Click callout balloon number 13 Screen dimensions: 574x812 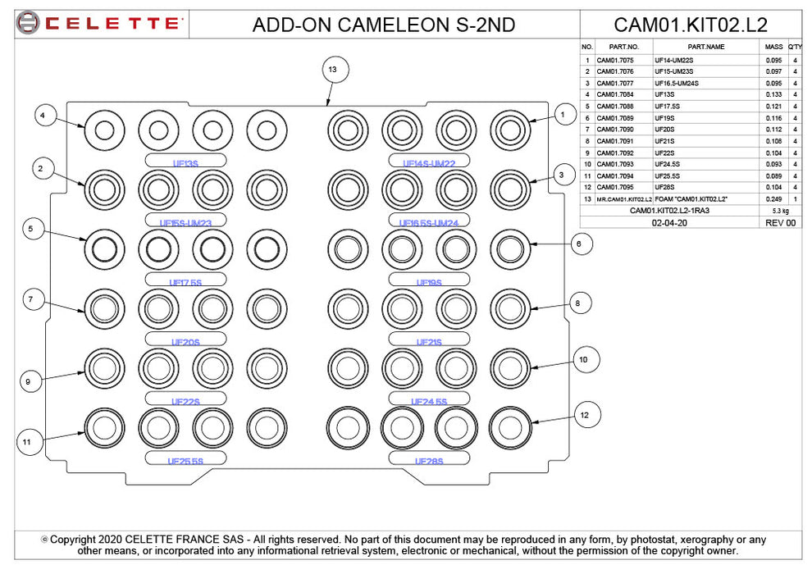click(x=332, y=70)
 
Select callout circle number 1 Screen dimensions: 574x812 click(x=562, y=116)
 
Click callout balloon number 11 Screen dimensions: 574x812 click(x=27, y=442)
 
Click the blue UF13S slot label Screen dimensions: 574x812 click(x=185, y=163)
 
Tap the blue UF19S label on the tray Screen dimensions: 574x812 click(x=428, y=283)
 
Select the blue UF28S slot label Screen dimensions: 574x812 click(x=428, y=461)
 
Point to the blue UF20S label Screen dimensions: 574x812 click(x=185, y=343)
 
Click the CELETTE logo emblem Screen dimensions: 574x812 click(x=27, y=23)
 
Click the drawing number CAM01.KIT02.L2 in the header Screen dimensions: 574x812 click(x=691, y=24)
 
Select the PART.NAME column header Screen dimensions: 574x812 click(x=706, y=47)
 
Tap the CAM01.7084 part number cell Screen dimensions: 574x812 click(x=614, y=95)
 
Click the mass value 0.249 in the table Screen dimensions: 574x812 click(x=773, y=199)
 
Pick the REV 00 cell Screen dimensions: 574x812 click(x=780, y=222)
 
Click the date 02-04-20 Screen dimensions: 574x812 click(x=669, y=222)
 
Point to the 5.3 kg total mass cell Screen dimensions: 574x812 click(x=773, y=211)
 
